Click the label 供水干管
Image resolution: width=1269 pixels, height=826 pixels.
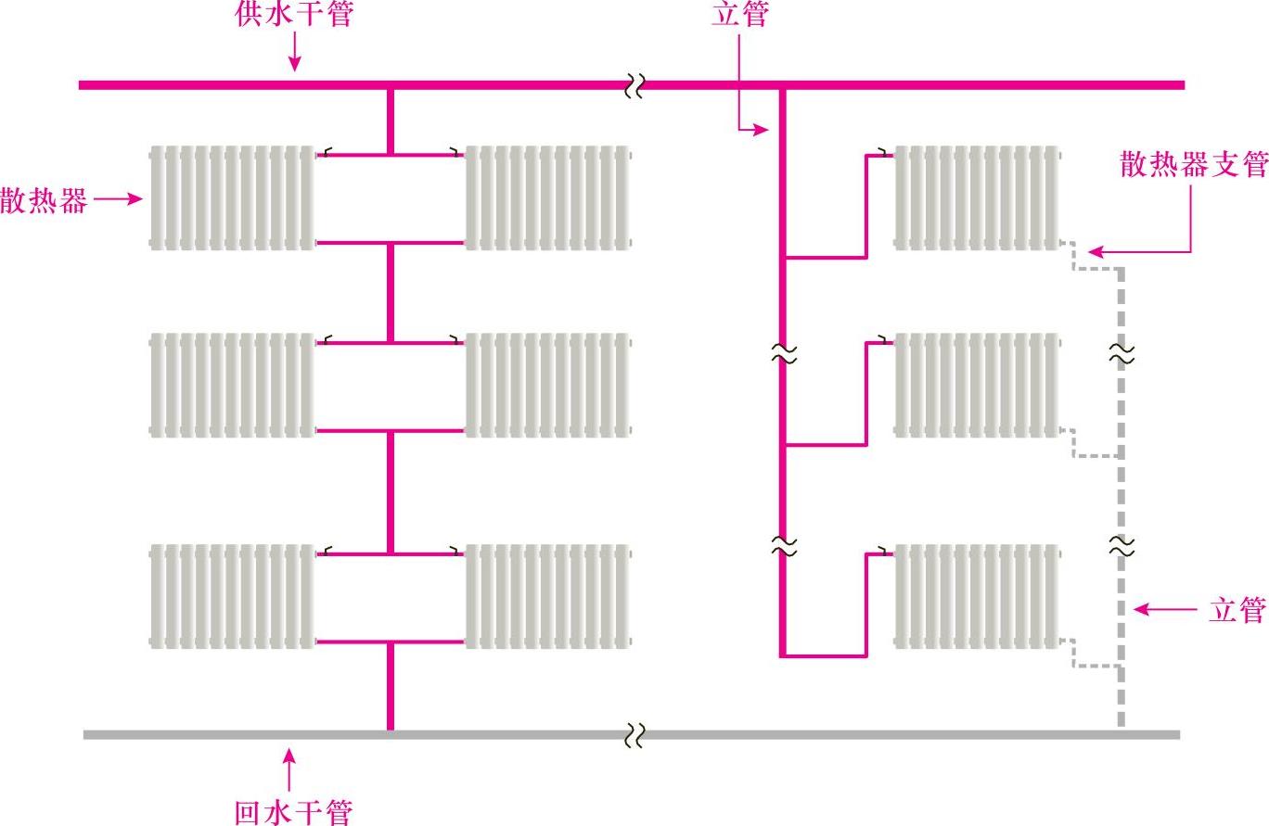pyautogui.click(x=294, y=16)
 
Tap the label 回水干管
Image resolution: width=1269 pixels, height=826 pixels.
pyautogui.click(x=293, y=813)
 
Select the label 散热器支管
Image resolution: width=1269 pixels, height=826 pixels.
pyautogui.click(x=1193, y=165)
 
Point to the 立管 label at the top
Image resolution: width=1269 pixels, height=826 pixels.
pyautogui.click(x=739, y=16)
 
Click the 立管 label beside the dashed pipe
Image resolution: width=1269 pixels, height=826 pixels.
pyautogui.click(x=1237, y=610)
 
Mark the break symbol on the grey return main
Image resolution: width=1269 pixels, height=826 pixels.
pyautogui.click(x=634, y=736)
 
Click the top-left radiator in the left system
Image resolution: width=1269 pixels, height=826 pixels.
pyautogui.click(x=232, y=197)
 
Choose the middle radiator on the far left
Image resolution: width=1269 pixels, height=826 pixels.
pyautogui.click(x=232, y=385)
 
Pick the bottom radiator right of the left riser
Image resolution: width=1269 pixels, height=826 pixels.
pyautogui.click(x=547, y=596)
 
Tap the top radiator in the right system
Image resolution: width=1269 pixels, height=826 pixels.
pyautogui.click(x=977, y=197)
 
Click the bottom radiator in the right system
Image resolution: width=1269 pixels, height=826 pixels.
pyautogui.click(x=977, y=596)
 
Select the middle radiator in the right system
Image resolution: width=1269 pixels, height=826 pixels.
pyautogui.click(x=977, y=385)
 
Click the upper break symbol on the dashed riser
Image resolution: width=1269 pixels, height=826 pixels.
pyautogui.click(x=1122, y=353)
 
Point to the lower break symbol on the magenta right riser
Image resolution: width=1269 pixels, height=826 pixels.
pyautogui.click(x=785, y=546)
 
